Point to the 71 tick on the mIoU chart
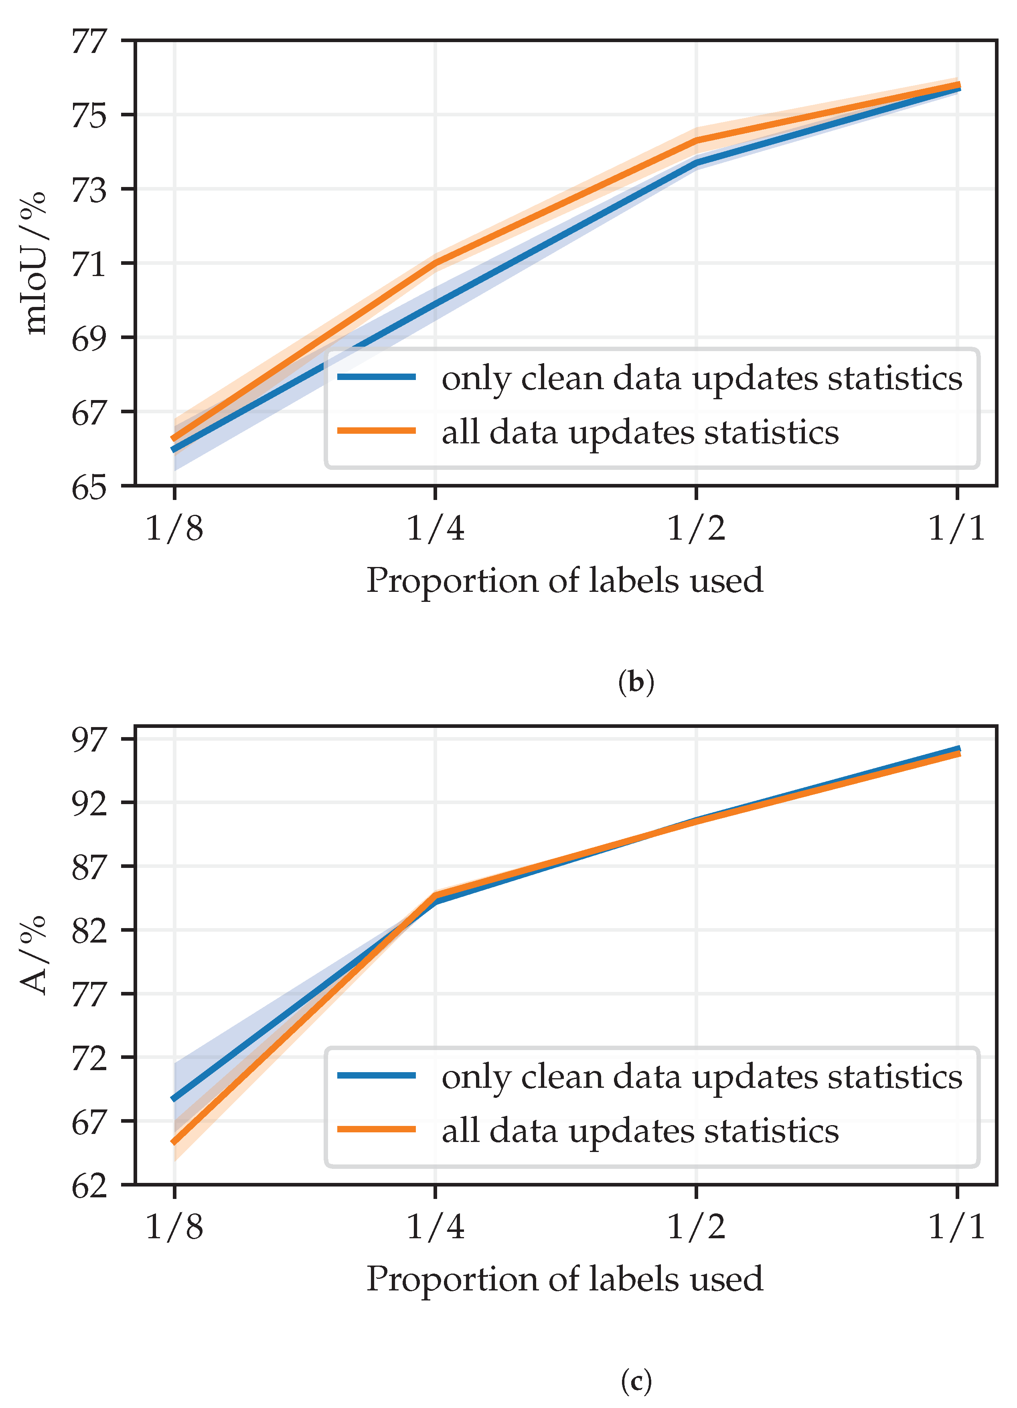[x=89, y=263]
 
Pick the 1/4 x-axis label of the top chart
[x=435, y=529]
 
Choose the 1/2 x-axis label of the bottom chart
[x=696, y=1228]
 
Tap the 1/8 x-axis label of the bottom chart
[x=174, y=1228]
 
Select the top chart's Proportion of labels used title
[x=564, y=581]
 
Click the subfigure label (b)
[x=636, y=682]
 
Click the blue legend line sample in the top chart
[x=377, y=377]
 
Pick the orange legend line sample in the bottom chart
[x=377, y=1129]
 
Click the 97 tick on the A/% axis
[x=89, y=739]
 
